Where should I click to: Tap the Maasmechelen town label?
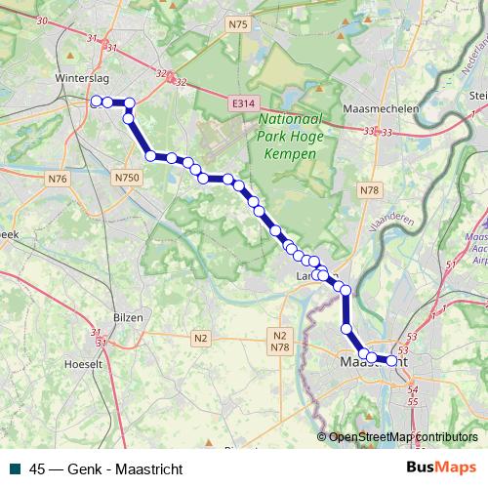click(381, 109)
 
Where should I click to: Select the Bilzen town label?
click(128, 317)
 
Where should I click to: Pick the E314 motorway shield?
click(244, 102)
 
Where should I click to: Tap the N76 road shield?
click(58, 178)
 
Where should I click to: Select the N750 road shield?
click(125, 178)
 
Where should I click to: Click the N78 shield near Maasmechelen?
click(369, 191)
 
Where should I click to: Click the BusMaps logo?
click(441, 467)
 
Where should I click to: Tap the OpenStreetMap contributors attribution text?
click(404, 436)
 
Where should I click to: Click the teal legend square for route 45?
click(15, 467)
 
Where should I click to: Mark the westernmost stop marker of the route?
click(96, 101)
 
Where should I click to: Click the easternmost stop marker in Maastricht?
click(392, 360)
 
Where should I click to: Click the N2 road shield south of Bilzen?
click(201, 338)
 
